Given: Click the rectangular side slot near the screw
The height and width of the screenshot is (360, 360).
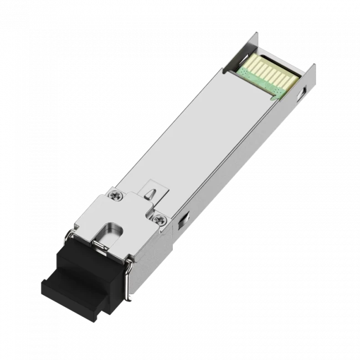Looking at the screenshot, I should (179, 221).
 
